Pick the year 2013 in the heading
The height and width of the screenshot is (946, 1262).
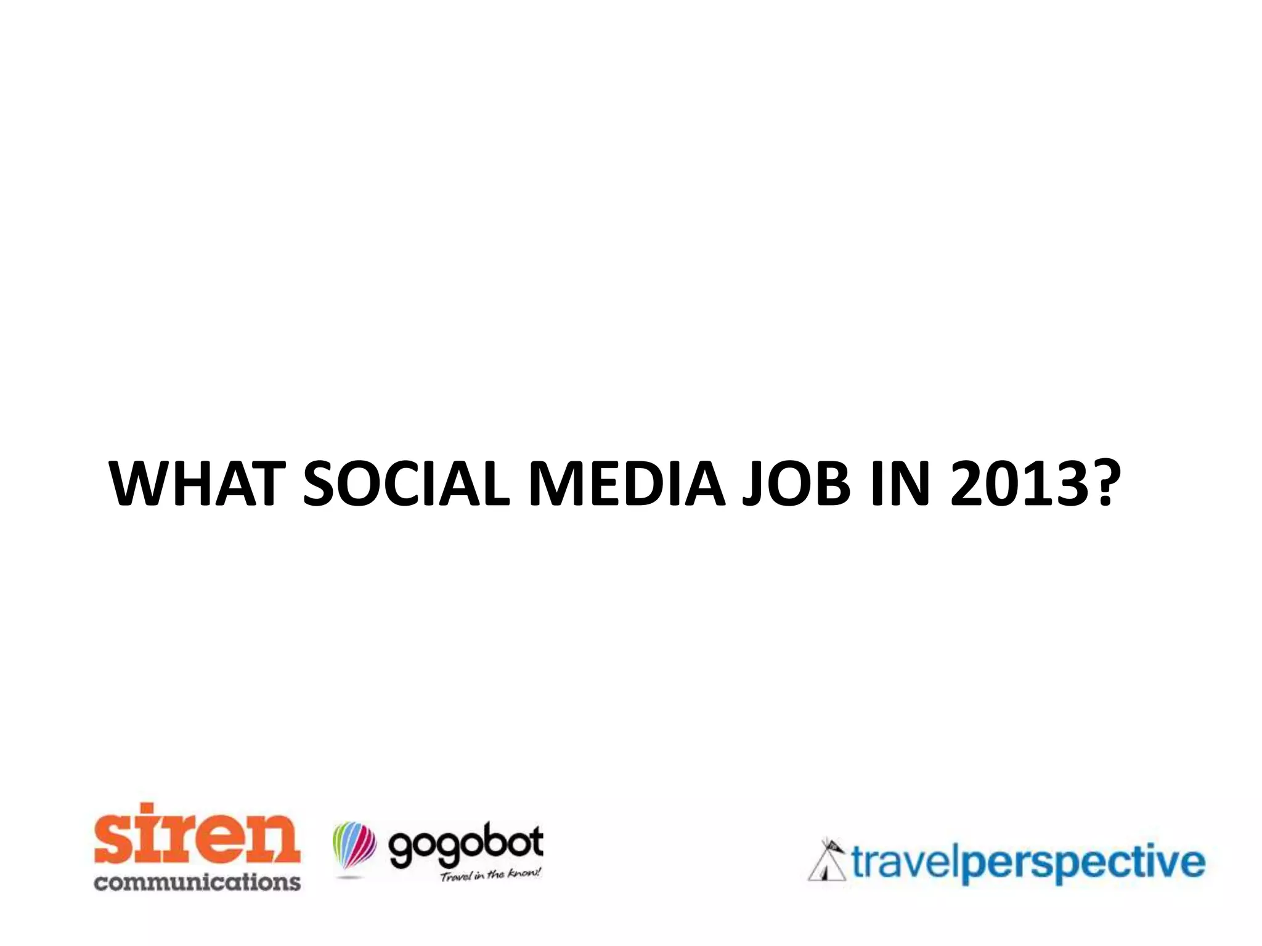1017,484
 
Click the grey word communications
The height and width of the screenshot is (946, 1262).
197,881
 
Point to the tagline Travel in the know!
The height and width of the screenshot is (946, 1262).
491,875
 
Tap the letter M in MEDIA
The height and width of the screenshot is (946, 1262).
558,484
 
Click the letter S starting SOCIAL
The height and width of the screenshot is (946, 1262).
320,484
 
